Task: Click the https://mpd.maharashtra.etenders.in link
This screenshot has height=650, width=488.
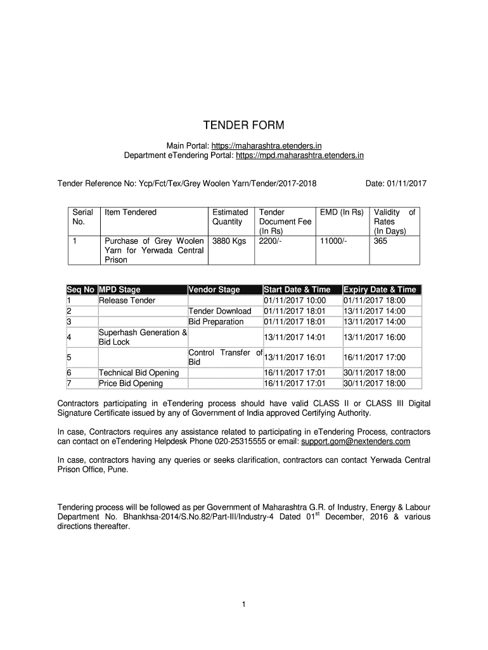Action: [x=300, y=154]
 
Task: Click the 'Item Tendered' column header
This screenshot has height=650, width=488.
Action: [x=131, y=212]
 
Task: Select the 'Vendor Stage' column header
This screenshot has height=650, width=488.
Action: [x=214, y=289]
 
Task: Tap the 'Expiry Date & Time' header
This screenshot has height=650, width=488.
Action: [x=380, y=289]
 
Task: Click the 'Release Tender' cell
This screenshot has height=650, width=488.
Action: [x=127, y=300]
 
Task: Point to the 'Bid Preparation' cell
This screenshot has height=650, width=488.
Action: [x=216, y=322]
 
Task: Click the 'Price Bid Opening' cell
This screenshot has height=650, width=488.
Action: [x=131, y=383]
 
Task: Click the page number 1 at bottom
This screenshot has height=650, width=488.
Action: [x=243, y=604]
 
